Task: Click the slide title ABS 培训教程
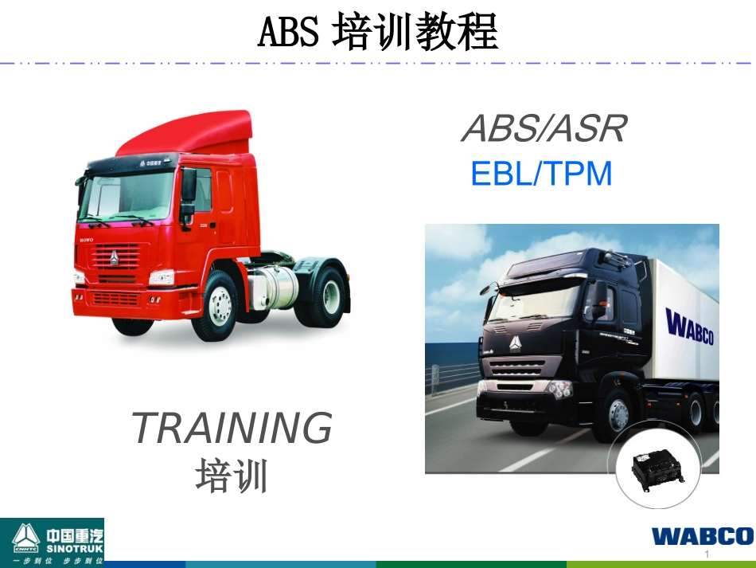pos(378,33)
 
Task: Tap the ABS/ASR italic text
pos(544,128)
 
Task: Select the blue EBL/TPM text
pos(542,174)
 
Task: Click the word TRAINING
pos(232,429)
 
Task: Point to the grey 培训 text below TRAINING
pos(232,476)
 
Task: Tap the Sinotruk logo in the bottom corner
pos(52,542)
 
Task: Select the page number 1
pos(706,554)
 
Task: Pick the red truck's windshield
pos(128,197)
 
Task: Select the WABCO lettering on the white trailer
pos(689,328)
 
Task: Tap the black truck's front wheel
pos(618,414)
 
